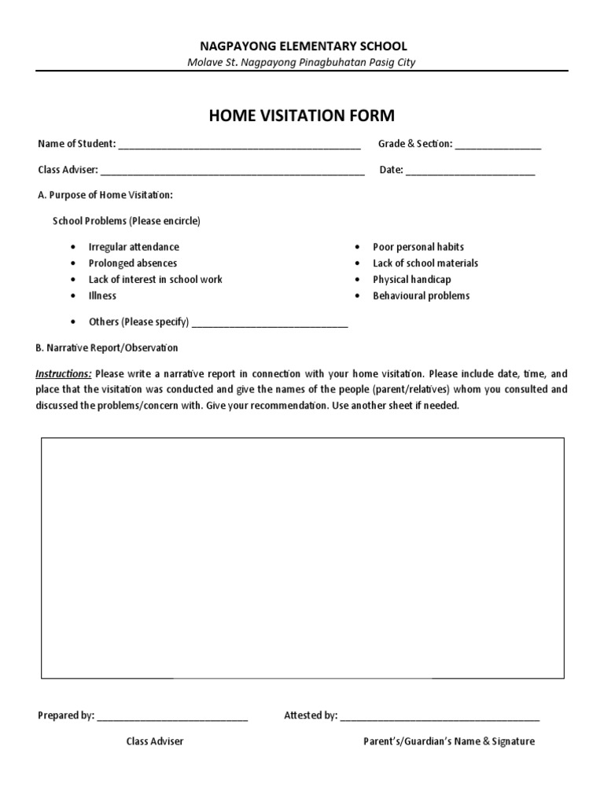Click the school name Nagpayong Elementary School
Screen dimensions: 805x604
coord(302,46)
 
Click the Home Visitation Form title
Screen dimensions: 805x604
coord(301,116)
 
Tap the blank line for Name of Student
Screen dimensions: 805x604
coord(239,146)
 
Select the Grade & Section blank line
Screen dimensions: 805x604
coord(498,146)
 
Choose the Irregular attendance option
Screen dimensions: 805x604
coord(134,247)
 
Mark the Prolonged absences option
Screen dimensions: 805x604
coord(133,263)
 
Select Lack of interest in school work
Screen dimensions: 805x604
coord(155,280)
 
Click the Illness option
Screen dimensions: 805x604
coord(102,296)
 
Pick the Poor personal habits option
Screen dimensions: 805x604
coord(418,247)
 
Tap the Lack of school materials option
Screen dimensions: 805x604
coord(425,263)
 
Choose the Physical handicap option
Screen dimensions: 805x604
coord(412,280)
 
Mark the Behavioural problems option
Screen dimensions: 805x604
coord(421,296)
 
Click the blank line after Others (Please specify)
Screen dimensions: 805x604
coord(270,324)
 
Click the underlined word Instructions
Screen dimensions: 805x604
coord(64,373)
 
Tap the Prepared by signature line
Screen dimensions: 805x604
coord(172,718)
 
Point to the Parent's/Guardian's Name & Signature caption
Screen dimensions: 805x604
coord(448,741)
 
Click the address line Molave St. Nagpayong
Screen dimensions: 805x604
coord(302,63)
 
